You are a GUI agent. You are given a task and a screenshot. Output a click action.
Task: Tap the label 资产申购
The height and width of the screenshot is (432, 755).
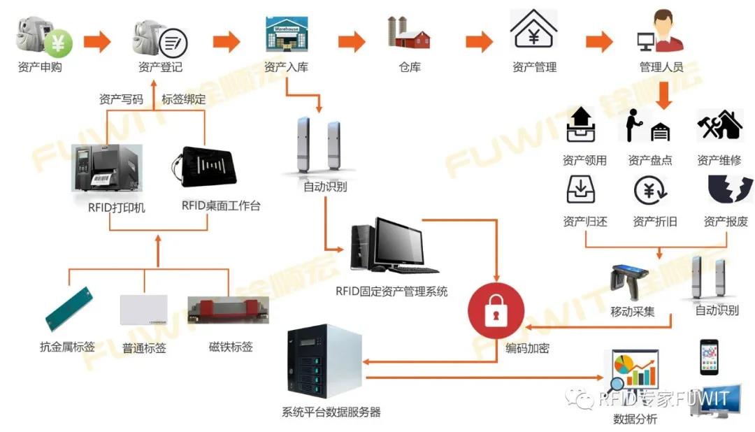click(40, 68)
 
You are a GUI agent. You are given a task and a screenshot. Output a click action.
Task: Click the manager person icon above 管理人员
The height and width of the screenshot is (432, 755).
click(660, 31)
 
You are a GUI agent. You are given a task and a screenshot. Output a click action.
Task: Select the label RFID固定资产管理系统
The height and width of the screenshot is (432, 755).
click(392, 291)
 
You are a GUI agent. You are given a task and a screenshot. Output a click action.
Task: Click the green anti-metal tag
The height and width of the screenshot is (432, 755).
click(70, 308)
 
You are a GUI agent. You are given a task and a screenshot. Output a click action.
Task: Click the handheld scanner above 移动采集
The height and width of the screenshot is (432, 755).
click(629, 280)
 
